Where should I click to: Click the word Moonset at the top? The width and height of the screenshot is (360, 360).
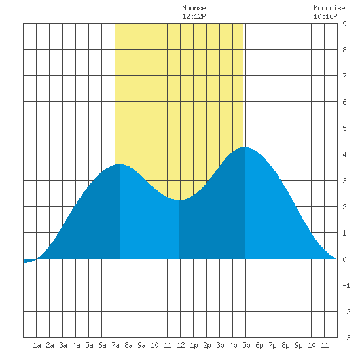tap(196, 8)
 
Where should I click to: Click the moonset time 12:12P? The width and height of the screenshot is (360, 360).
tap(194, 16)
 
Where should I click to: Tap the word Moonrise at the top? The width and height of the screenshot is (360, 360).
tap(329, 8)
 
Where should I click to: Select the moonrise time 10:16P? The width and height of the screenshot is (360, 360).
tap(325, 16)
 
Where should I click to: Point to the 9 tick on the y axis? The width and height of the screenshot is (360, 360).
tap(344, 24)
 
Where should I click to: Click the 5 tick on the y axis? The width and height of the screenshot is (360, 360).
tap(344, 128)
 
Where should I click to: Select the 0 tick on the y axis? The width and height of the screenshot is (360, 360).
tap(344, 259)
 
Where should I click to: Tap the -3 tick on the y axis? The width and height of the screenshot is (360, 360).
tap(346, 338)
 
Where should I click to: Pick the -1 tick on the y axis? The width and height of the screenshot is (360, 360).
tap(346, 285)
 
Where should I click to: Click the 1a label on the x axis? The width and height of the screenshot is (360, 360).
tap(37, 345)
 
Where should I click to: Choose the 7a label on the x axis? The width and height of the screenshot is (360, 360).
tap(115, 345)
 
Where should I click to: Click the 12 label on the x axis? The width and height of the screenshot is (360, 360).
tap(181, 345)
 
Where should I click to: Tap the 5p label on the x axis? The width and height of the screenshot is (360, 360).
tap(246, 345)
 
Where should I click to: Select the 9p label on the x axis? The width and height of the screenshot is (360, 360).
tap(298, 345)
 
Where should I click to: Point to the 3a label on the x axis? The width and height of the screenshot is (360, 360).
tap(63, 345)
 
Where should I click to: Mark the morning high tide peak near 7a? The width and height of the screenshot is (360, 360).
tap(120, 164)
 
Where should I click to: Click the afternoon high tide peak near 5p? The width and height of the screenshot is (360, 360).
tap(245, 147)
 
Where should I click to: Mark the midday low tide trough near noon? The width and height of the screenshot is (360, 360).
tap(179, 200)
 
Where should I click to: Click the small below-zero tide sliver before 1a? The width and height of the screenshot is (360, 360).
tap(29, 261)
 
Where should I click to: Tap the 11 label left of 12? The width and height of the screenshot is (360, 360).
tap(168, 345)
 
